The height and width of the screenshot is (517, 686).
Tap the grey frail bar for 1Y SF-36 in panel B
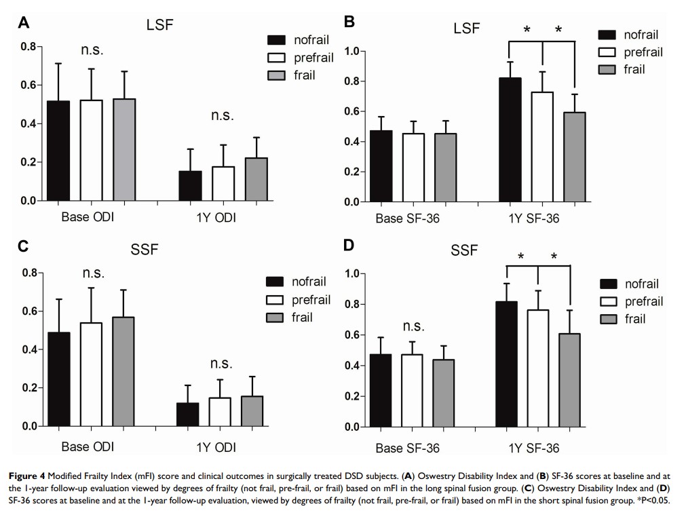coord(575,157)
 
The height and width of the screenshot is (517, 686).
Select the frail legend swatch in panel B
coord(607,69)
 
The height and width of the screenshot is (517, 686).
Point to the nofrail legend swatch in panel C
coord(276,282)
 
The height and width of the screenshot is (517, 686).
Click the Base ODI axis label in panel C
coord(88,447)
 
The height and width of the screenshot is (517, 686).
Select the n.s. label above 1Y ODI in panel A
coord(222,115)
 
